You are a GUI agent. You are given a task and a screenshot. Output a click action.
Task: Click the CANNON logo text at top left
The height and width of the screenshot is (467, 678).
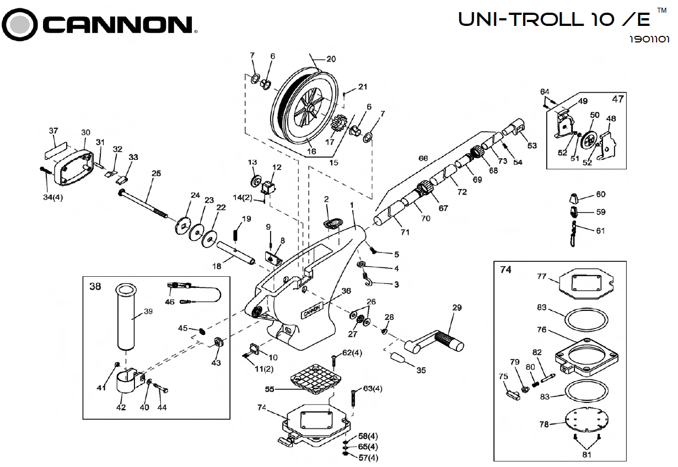pyautogui.click(x=116, y=25)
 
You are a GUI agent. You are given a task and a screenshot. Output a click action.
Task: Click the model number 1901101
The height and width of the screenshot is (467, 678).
pyautogui.click(x=649, y=40)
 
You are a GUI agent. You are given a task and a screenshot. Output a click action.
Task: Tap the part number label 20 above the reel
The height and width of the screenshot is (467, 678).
pyautogui.click(x=331, y=59)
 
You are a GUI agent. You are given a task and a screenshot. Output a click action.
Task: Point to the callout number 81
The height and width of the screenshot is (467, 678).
pyautogui.click(x=586, y=455)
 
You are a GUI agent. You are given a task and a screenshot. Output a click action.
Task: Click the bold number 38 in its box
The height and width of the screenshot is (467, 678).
pyautogui.click(x=95, y=287)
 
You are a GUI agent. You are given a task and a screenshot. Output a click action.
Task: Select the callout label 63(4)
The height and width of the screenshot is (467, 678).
pyautogui.click(x=373, y=389)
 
